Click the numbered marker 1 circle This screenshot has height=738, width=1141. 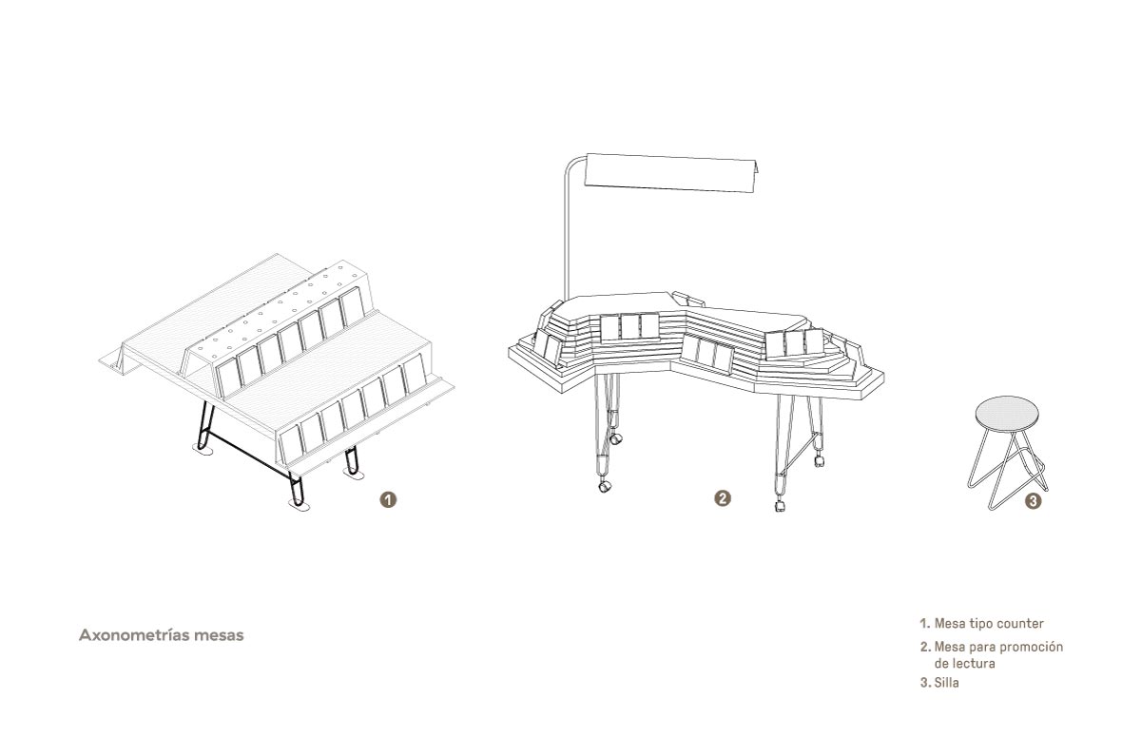point(388,500)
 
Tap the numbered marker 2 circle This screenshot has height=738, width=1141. point(723,498)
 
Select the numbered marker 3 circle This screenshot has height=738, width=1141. point(1033,501)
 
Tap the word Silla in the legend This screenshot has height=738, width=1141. point(946,683)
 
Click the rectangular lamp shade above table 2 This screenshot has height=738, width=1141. point(670,173)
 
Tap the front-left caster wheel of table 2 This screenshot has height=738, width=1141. point(604,486)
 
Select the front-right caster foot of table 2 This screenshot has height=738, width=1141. point(780,505)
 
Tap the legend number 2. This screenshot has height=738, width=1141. point(925,648)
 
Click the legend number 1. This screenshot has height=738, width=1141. point(925,624)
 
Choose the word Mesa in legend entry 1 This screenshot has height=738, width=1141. point(950,624)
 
